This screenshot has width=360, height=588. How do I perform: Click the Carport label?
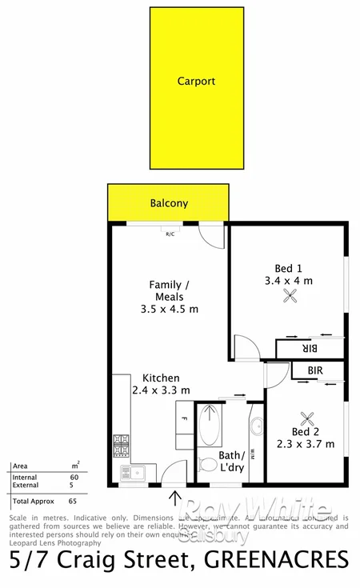point(196,81)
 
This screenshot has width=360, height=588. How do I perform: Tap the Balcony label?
point(169,203)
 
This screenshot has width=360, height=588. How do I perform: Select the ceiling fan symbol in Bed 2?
point(306,417)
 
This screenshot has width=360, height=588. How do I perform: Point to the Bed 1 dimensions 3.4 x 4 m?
point(288,280)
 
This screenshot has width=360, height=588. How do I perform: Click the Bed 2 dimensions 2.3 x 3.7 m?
point(306,444)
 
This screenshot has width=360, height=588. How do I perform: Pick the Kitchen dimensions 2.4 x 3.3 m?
point(161,390)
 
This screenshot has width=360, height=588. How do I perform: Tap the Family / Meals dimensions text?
point(169,309)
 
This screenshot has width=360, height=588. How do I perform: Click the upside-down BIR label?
point(310,349)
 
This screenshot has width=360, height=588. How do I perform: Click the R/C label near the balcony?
point(170,234)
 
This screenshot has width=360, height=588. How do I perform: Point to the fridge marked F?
point(184,418)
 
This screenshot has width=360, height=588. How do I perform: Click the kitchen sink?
point(128,471)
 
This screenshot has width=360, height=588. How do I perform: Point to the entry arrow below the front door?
point(175,498)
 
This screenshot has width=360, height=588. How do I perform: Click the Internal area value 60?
point(74,478)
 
